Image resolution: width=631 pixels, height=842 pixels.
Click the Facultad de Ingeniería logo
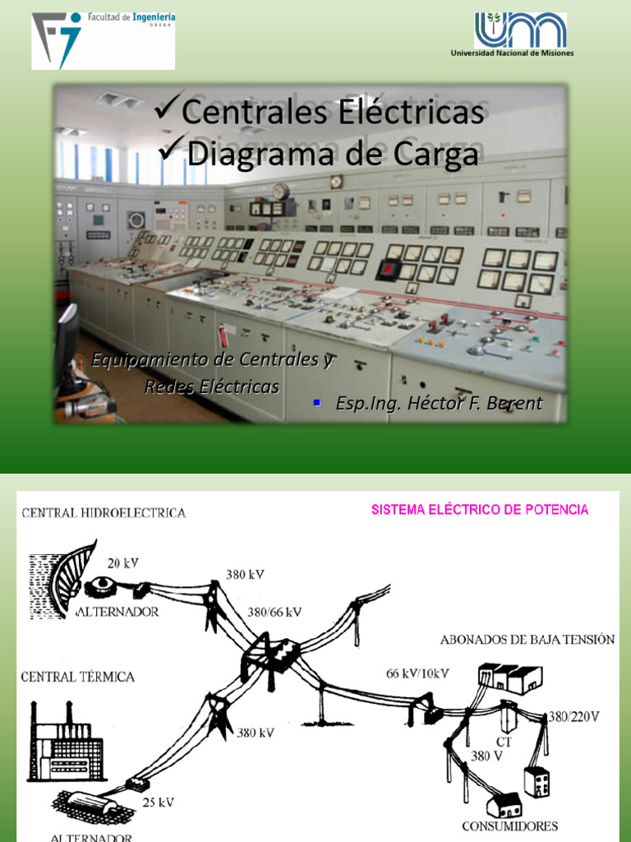coord(103,40)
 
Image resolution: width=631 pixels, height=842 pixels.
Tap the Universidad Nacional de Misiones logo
coord(521,35)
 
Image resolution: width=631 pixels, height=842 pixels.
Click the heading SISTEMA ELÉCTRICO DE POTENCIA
coord(480,510)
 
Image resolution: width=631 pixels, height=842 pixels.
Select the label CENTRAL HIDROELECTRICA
coord(104,513)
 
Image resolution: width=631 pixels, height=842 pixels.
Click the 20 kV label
coord(123,563)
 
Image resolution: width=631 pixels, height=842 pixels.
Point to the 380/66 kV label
coord(274,612)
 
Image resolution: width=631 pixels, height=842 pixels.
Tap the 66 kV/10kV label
coord(417,673)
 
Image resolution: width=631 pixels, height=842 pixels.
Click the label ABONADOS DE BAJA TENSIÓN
coord(527,640)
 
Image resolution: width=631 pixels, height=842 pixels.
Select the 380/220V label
coord(574,716)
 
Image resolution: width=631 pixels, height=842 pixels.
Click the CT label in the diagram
coord(504,742)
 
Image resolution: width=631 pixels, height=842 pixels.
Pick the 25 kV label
coord(157,802)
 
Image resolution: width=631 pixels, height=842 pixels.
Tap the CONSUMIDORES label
coord(509,826)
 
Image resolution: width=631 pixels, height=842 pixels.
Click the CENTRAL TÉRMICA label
coord(78,677)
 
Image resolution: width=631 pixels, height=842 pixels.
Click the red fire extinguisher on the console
coord(222,336)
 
